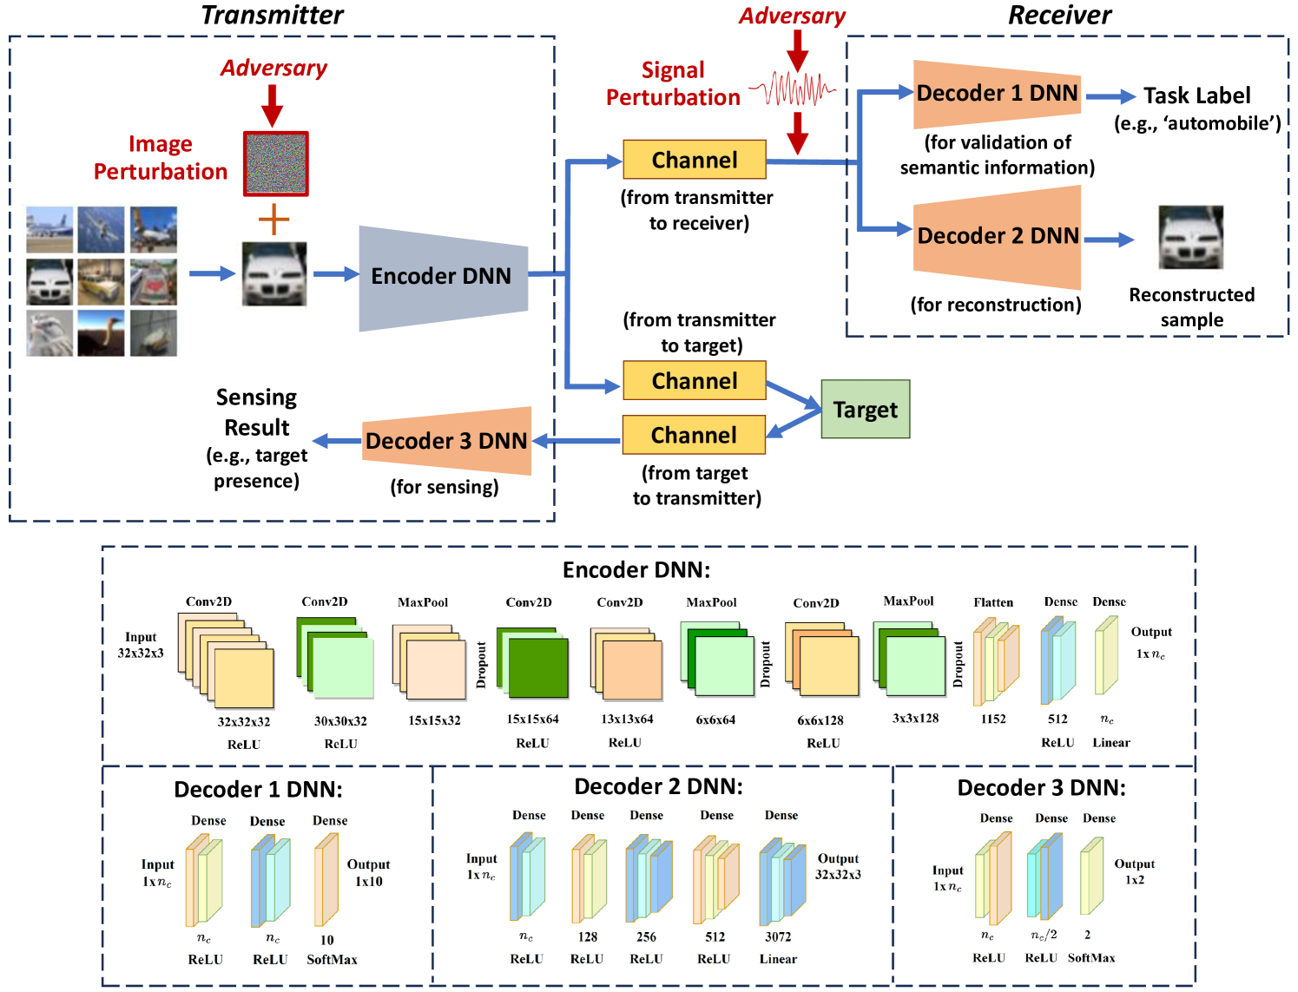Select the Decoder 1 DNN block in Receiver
coord(997,94)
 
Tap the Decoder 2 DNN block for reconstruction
coord(997,236)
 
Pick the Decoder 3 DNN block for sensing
coord(446,441)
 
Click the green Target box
coord(865,410)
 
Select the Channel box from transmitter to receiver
coord(695,160)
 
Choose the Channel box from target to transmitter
coord(694,435)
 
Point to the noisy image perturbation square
coord(276,164)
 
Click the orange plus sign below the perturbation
coord(273,220)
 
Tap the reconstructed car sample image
coord(1190,238)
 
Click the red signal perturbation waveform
coord(792,89)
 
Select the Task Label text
coord(1196,95)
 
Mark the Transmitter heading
coord(272,15)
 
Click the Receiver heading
coord(1059,15)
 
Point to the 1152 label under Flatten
coord(993,719)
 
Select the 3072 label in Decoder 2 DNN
coord(778,936)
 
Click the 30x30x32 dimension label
coord(340,721)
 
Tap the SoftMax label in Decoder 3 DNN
coord(1091,957)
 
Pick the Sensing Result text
coord(257,412)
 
